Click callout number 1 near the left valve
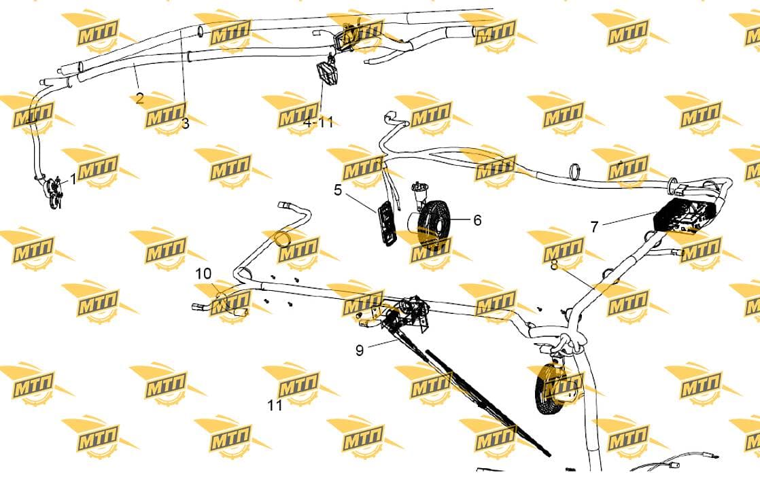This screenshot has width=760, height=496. point(73,179)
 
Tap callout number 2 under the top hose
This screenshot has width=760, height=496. point(139,99)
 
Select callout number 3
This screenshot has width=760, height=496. point(185,124)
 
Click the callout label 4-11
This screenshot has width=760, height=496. point(319,122)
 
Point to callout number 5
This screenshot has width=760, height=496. point(338,190)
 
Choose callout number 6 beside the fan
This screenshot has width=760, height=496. point(477,220)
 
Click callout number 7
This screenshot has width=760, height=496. point(595,226)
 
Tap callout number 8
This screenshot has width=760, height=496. point(555,265)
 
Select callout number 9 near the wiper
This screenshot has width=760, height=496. point(359,350)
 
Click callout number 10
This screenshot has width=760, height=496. point(203,274)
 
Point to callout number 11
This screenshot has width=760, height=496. point(275,405)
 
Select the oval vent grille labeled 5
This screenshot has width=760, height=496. point(385,224)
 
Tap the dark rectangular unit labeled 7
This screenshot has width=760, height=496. point(683,215)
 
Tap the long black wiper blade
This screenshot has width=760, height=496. point(488,403)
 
